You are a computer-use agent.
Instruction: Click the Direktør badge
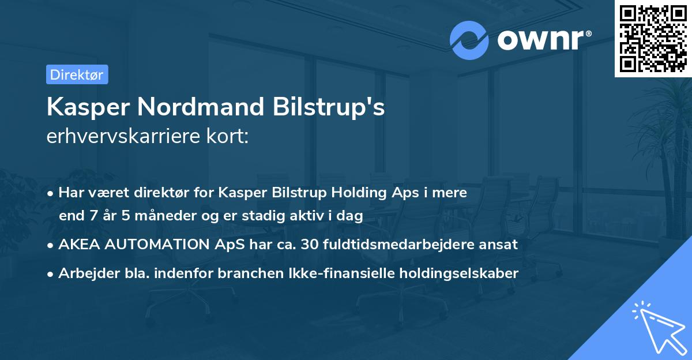coord(77,74)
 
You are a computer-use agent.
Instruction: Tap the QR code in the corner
coord(653,38)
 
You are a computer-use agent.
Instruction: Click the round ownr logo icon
coord(469,40)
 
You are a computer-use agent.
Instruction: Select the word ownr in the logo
coord(540,40)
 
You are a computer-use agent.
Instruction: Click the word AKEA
coord(77,244)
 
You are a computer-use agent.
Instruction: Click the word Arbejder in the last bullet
coord(84,273)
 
